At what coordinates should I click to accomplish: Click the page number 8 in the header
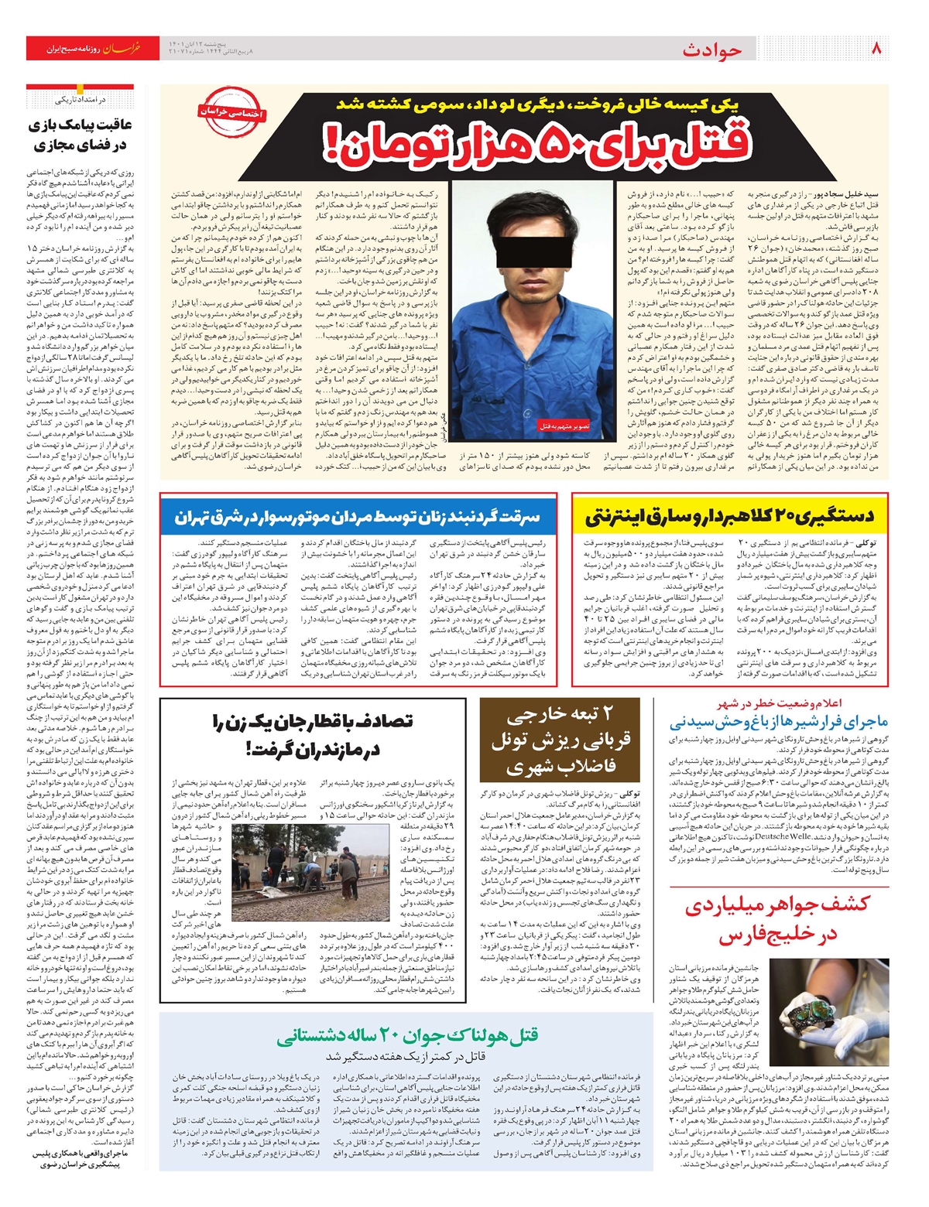[877, 49]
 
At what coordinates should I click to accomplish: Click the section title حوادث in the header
[712, 50]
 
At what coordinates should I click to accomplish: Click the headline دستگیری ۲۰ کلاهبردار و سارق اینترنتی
[729, 515]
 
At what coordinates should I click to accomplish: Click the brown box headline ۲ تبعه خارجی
[560, 739]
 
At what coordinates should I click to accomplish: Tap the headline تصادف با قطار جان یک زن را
[312, 734]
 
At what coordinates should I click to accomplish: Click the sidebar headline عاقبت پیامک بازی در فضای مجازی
[81, 135]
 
